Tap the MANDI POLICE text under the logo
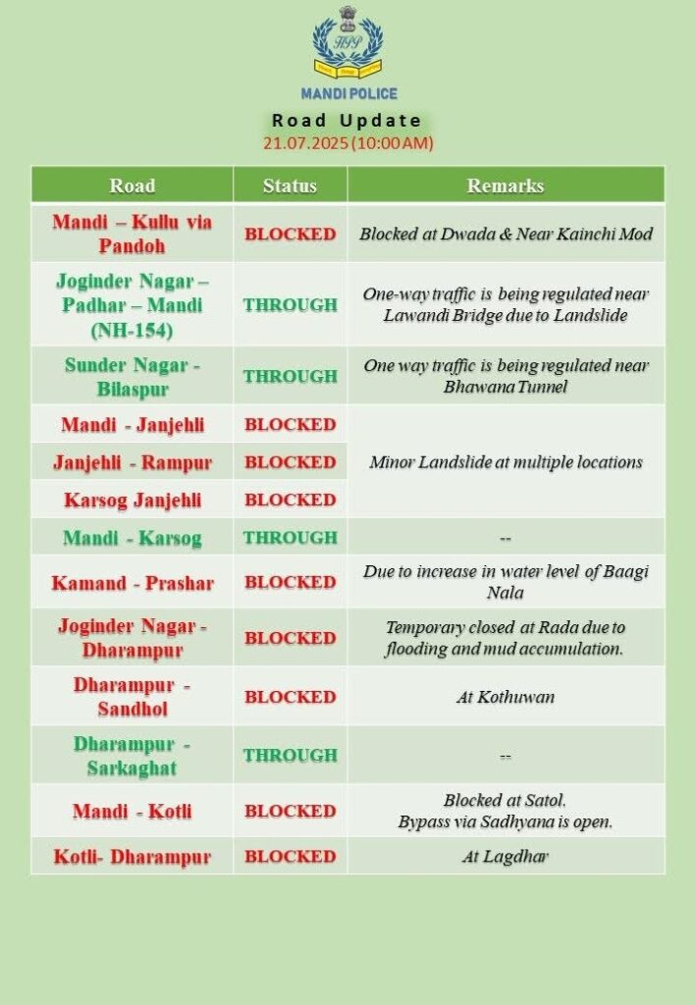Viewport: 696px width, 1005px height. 348,94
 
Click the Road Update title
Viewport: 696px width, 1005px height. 348,121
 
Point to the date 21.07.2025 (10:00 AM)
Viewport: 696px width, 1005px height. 348,143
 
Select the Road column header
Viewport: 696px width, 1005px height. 132,185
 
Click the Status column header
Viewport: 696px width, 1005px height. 290,185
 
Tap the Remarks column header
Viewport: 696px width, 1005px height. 506,185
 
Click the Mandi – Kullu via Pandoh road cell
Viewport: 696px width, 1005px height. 132,234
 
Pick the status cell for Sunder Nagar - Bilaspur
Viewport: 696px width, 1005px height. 290,377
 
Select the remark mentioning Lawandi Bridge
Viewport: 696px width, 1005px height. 506,304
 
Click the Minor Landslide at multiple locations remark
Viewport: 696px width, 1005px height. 506,462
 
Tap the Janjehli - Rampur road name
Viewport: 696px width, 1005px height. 132,462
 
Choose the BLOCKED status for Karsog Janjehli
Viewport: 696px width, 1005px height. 290,500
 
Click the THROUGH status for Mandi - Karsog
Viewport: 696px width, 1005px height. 290,538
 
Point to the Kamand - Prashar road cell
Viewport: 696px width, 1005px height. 132,583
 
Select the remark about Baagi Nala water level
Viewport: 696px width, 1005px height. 506,583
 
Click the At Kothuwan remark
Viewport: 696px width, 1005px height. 506,697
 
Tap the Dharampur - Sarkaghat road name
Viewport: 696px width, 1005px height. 132,755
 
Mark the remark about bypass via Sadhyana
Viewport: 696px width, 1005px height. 506,811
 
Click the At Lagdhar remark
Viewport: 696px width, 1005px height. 506,857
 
